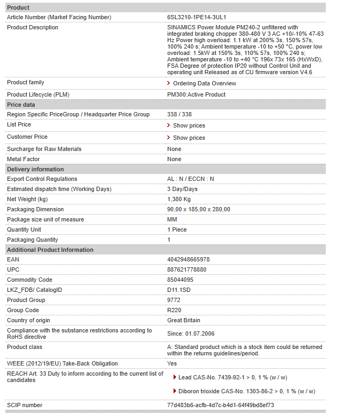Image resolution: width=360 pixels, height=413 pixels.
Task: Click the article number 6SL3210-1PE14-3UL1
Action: (x=196, y=17)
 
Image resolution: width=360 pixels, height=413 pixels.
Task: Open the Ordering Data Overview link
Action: (x=204, y=83)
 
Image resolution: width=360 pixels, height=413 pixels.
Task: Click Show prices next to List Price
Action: (x=189, y=125)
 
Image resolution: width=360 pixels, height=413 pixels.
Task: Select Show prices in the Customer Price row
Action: (x=189, y=138)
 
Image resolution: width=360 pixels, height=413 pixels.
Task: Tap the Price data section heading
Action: (x=21, y=105)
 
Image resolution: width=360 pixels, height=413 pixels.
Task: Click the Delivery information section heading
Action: (x=35, y=169)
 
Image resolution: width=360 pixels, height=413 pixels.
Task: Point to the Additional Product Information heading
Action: (x=50, y=250)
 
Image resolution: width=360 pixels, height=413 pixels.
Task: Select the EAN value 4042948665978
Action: (x=188, y=259)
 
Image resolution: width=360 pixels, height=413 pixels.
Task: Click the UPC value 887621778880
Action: (x=186, y=269)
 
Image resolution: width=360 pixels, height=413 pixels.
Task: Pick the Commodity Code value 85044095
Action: (x=180, y=280)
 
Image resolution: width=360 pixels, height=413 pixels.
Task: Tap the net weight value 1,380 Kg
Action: (x=178, y=199)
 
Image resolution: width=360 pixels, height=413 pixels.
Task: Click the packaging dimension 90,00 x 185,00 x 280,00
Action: (x=198, y=209)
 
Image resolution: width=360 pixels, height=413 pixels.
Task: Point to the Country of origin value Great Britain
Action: (x=183, y=320)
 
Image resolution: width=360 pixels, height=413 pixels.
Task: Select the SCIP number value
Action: (x=220, y=405)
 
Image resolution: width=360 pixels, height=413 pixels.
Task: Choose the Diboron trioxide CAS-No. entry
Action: (x=246, y=391)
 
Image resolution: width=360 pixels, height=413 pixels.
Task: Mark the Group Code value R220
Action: (x=174, y=310)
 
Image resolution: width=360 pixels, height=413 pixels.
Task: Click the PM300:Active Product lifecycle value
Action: (x=196, y=94)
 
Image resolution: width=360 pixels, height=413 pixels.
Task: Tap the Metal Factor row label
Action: (x=23, y=159)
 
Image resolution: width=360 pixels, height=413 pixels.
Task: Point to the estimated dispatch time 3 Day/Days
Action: (x=182, y=189)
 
